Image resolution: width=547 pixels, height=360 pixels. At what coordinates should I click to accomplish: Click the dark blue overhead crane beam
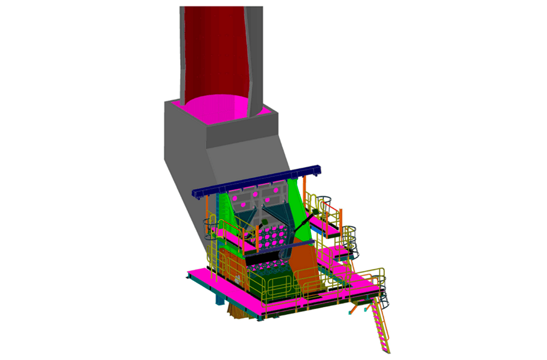(x=257, y=180)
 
